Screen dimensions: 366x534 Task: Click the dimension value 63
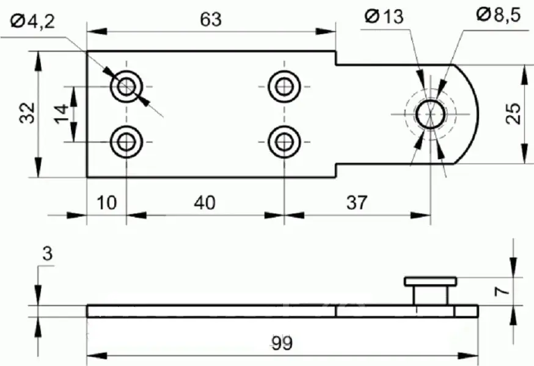pyautogui.click(x=211, y=20)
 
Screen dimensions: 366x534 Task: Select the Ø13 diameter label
pyautogui.click(x=385, y=16)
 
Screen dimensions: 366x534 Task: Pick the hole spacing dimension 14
pyautogui.click(x=61, y=113)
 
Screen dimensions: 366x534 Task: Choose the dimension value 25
pyautogui.click(x=514, y=113)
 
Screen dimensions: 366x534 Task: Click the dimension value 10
pyautogui.click(x=107, y=203)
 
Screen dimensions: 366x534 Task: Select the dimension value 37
pyautogui.click(x=357, y=203)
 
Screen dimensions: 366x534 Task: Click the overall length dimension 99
pyautogui.click(x=282, y=344)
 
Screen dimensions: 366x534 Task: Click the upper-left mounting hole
pyautogui.click(x=126, y=87)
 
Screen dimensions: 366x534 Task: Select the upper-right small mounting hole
pyautogui.click(x=283, y=87)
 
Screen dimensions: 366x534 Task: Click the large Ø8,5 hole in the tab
pyautogui.click(x=431, y=113)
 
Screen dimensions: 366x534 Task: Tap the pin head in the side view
pyautogui.click(x=431, y=281)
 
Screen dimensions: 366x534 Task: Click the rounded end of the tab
pyautogui.click(x=470, y=113)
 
